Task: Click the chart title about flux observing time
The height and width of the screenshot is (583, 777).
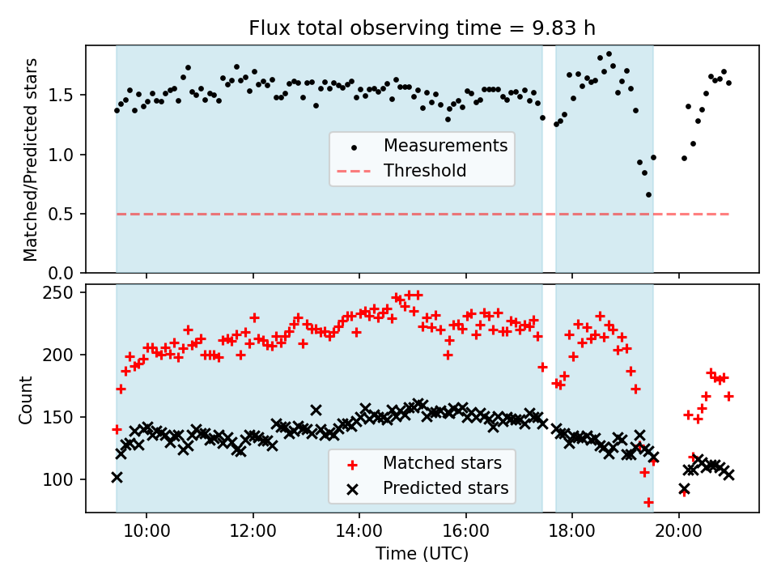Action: (x=422, y=28)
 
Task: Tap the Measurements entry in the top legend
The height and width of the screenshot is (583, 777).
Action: (x=445, y=146)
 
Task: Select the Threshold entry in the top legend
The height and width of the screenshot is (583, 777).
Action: (x=425, y=171)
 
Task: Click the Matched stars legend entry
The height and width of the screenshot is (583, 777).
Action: (x=442, y=463)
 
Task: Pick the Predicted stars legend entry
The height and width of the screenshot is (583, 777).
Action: (x=445, y=488)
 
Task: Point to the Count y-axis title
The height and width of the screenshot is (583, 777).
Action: (x=27, y=399)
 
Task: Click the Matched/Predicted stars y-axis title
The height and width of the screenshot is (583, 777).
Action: (x=31, y=160)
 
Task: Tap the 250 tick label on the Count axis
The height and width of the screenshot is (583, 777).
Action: (x=63, y=292)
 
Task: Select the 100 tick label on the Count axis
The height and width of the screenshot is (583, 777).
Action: (x=63, y=479)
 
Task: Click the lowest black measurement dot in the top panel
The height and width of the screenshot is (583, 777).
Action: (x=648, y=194)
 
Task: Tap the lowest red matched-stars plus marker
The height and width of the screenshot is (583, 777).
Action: (x=648, y=502)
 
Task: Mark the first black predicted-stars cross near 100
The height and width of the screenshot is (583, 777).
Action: (x=117, y=477)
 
